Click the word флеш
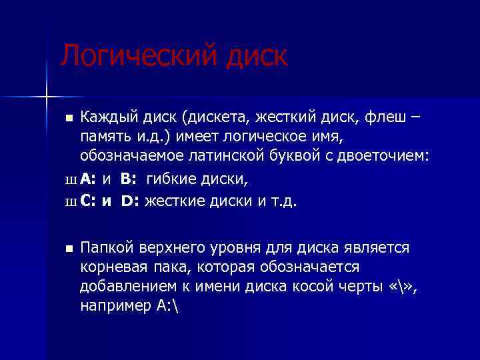click(391, 118)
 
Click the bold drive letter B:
click(129, 179)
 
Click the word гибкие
click(171, 179)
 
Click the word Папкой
click(107, 248)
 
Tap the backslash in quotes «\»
click(398, 287)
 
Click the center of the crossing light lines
click(46, 97)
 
